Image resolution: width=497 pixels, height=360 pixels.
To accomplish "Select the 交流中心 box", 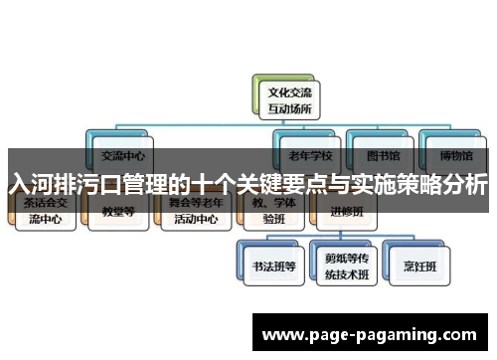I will (123, 155).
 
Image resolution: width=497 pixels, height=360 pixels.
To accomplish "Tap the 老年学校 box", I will (310, 155).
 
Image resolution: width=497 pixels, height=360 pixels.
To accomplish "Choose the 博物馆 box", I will (451, 155).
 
